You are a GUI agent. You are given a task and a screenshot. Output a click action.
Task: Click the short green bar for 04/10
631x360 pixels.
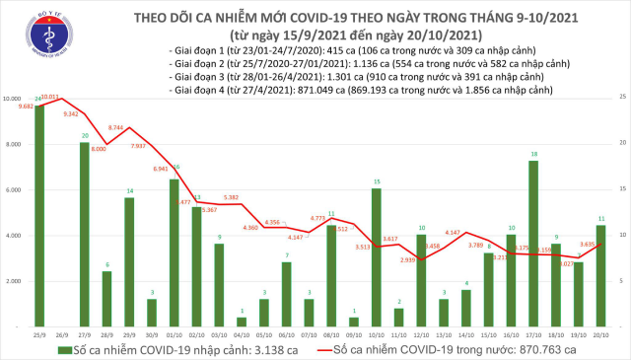click(x=242, y=322)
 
